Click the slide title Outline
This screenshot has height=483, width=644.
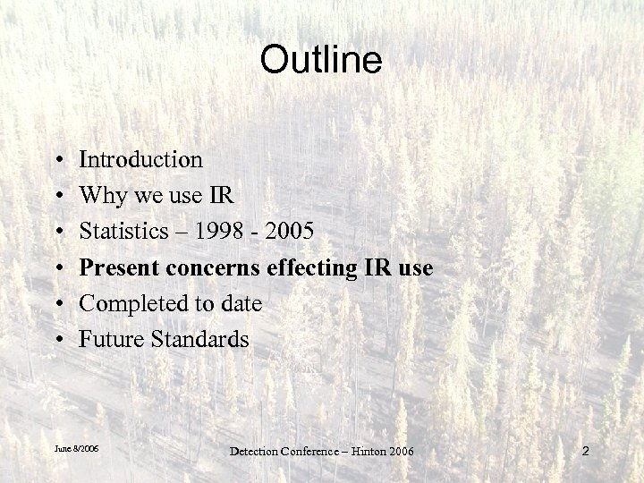pos(321,60)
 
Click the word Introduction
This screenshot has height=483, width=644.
pos(141,159)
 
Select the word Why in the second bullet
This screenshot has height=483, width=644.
pos(100,196)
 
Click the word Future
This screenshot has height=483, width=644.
pos(106,340)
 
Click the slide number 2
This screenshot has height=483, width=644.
pos(585,452)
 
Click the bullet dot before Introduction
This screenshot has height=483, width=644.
pos(57,161)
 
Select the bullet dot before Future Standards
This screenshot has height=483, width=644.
pos(57,341)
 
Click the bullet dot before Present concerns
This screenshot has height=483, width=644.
pos(57,268)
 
